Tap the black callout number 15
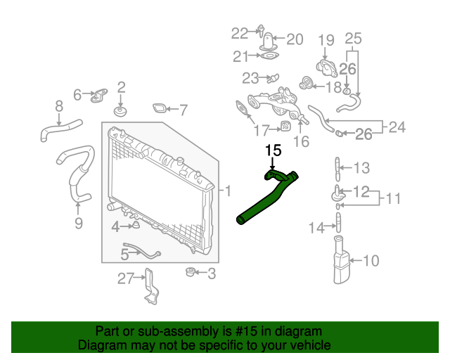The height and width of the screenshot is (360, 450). coord(273,150)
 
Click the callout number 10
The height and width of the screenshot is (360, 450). coord(371,261)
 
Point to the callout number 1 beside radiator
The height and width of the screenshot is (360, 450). coord(227,190)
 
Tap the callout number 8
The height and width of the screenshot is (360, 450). coord(59,106)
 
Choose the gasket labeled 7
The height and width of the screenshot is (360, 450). coord(160,109)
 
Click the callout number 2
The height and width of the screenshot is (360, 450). coord(121,87)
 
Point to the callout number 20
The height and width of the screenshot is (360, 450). coord(294,39)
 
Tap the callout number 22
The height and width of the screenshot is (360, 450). coord(240,32)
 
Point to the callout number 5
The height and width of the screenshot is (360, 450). coord(124,253)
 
